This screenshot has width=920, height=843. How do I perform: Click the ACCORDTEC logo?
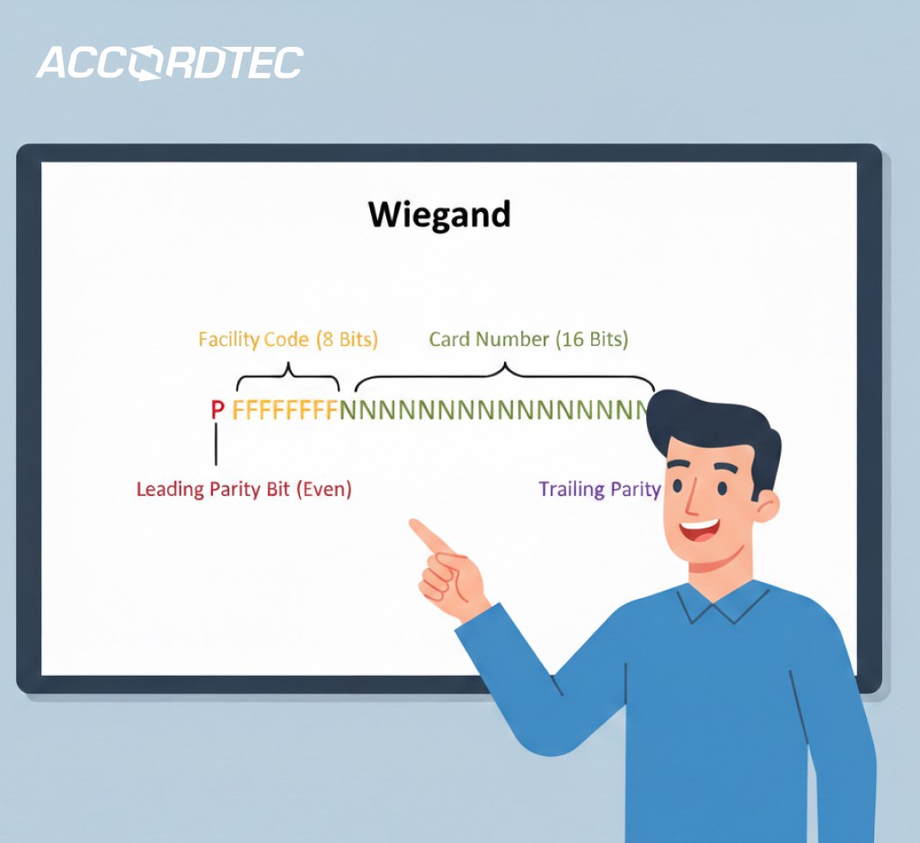pyautogui.click(x=169, y=63)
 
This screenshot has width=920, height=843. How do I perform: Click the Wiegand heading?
pyautogui.click(x=439, y=216)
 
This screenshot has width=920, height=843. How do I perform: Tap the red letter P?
pyautogui.click(x=217, y=411)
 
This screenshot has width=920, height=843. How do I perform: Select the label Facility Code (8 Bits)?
pyautogui.click(x=287, y=340)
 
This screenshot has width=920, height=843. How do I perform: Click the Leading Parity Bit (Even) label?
pyautogui.click(x=243, y=490)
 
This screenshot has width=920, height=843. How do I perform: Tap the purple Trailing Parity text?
pyautogui.click(x=599, y=490)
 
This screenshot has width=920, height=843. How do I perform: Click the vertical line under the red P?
pyautogui.click(x=217, y=444)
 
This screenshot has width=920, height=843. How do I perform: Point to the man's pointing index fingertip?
pyautogui.click(x=416, y=525)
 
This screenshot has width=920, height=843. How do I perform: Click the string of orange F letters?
pyautogui.click(x=285, y=411)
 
